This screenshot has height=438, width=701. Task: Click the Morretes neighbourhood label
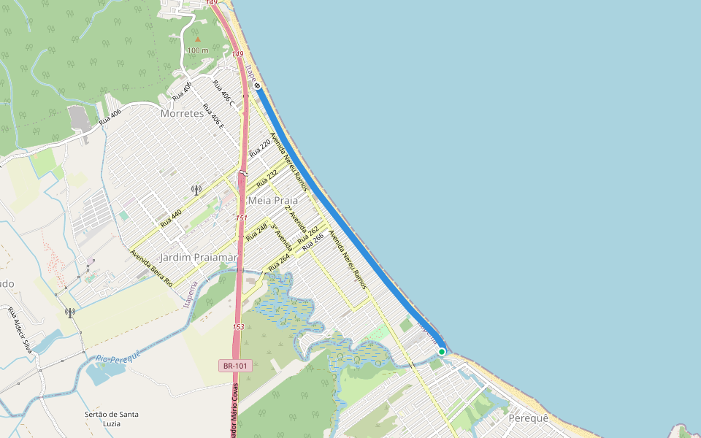182,113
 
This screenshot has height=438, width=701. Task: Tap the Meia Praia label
273,200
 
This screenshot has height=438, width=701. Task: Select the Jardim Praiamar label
199,258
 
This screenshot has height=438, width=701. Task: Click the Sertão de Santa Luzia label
112,419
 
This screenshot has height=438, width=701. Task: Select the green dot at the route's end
442,352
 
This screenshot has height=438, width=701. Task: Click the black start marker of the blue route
258,85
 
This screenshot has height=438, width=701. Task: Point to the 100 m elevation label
197,50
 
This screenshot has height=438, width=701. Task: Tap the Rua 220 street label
259,149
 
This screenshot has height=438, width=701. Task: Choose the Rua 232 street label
267,175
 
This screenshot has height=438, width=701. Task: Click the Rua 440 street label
171,218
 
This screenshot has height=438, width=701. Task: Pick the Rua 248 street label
257,232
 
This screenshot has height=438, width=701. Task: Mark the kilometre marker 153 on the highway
238,326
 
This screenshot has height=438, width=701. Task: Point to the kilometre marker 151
242,218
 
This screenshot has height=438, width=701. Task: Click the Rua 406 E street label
213,116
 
